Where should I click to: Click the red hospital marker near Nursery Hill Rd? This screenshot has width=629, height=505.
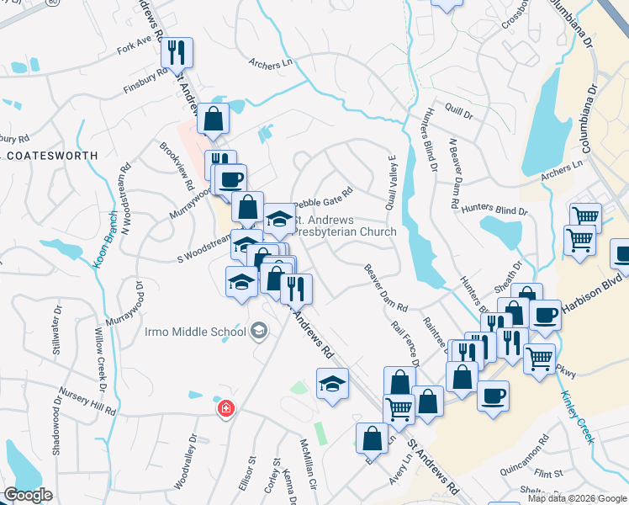pyautogui.click(x=225, y=409)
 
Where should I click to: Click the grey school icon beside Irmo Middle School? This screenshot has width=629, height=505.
pyautogui.click(x=259, y=332)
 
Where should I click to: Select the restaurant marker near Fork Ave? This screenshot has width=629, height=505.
pyautogui.click(x=177, y=53)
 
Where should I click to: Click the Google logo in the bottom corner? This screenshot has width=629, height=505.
pyautogui.click(x=28, y=495)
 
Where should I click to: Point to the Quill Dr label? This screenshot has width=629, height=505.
pyautogui.click(x=460, y=110)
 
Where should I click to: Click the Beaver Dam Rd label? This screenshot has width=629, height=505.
pyautogui.click(x=385, y=287)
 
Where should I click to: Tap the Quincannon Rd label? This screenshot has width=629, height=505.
pyautogui.click(x=523, y=454)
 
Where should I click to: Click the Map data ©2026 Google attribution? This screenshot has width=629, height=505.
pyautogui.click(x=577, y=498)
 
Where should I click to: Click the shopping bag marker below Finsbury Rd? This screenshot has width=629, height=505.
pyautogui.click(x=214, y=120)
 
